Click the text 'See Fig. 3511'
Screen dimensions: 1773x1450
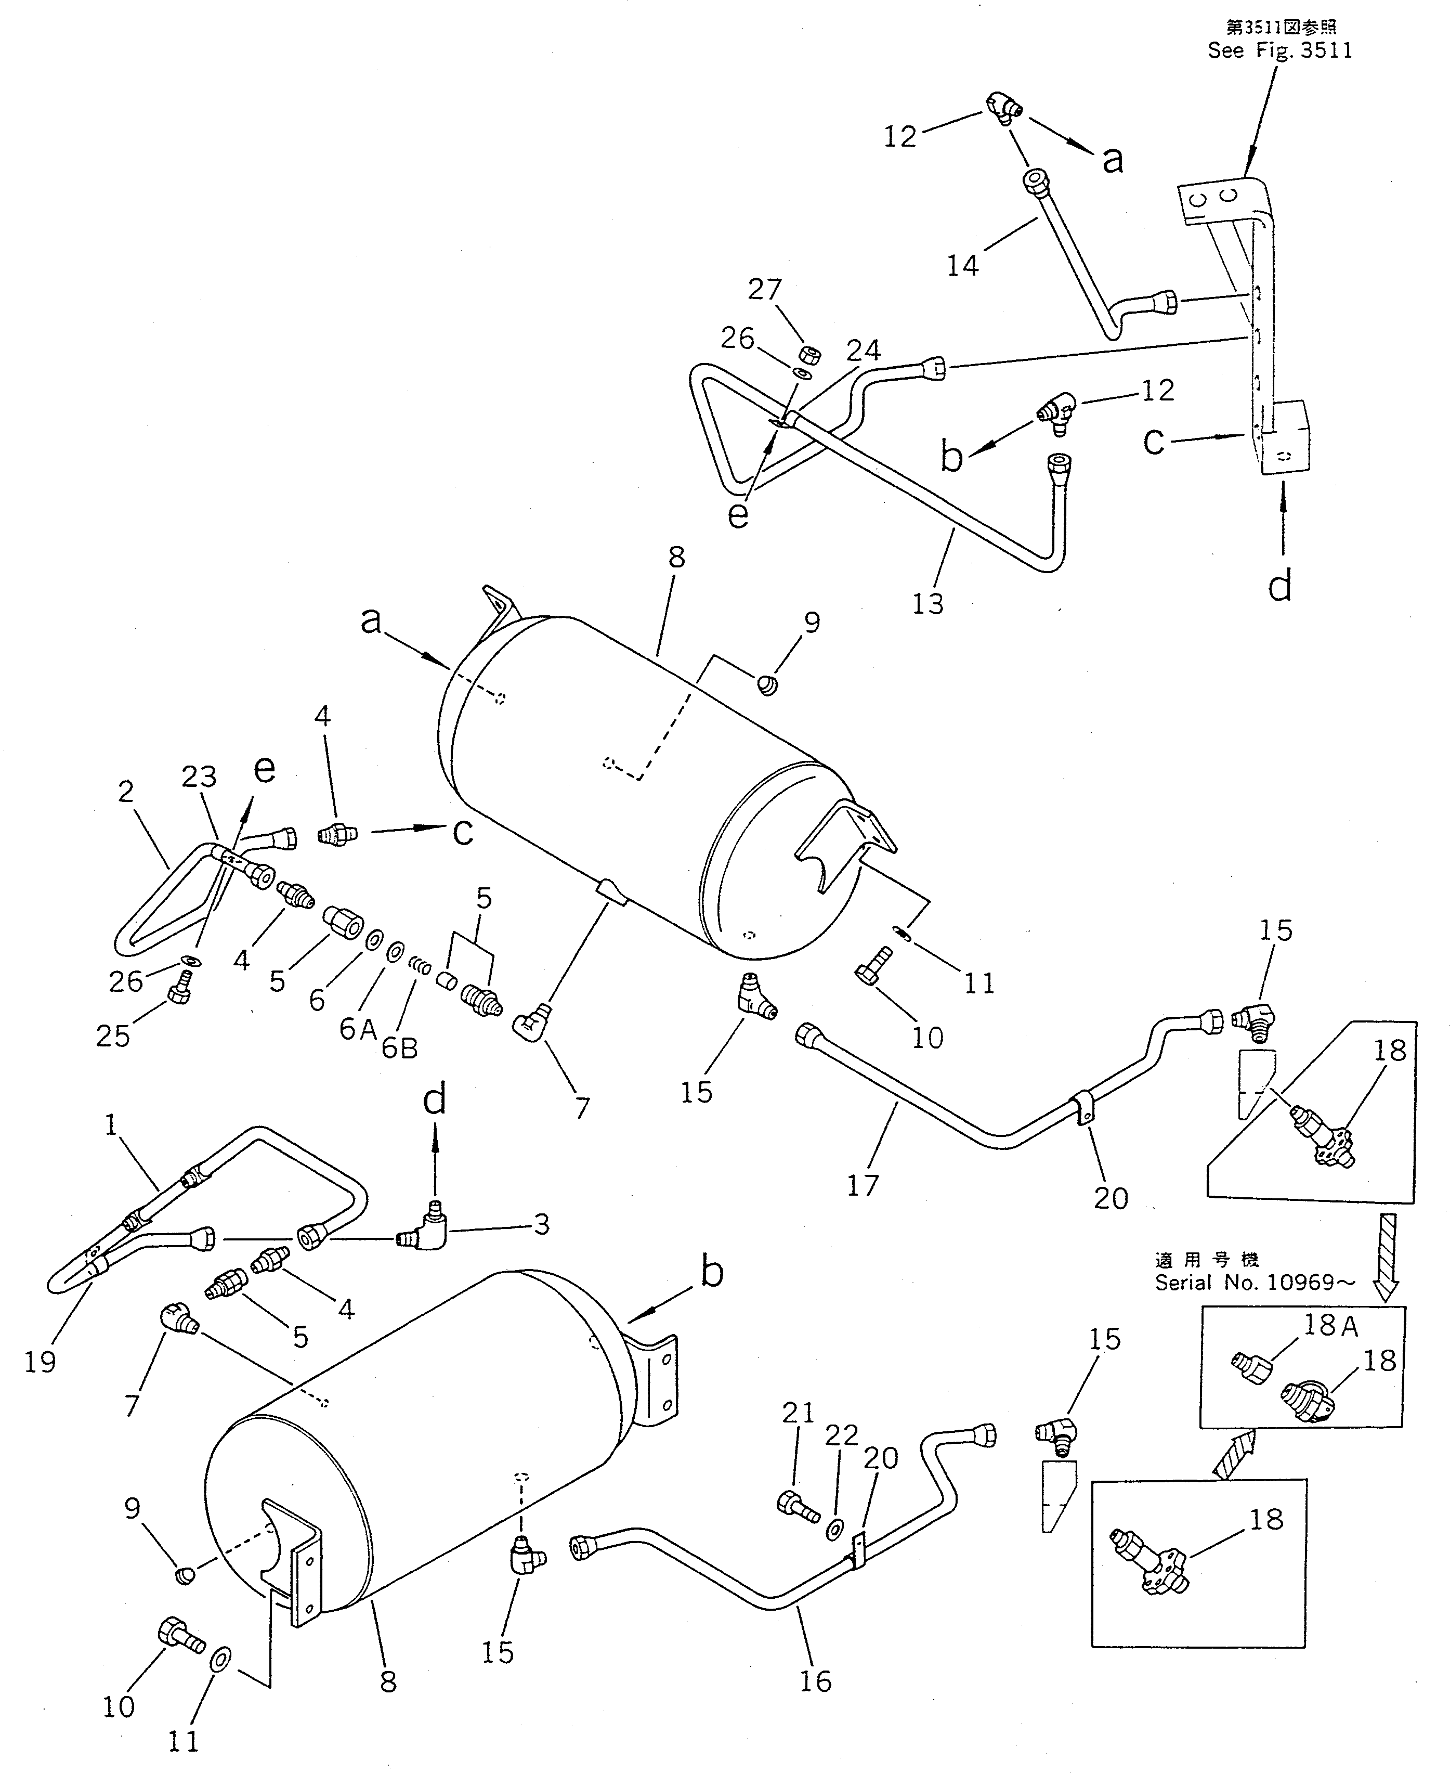click(x=1279, y=50)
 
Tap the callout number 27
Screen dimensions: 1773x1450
click(x=764, y=289)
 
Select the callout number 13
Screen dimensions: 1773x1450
click(x=927, y=603)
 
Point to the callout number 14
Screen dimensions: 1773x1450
click(x=962, y=266)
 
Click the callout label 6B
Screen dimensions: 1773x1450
click(x=399, y=1048)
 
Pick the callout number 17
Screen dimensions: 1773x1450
click(x=863, y=1185)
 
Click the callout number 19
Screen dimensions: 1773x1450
click(x=40, y=1362)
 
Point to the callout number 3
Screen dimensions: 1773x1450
click(x=541, y=1225)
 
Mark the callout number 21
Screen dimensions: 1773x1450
click(x=798, y=1412)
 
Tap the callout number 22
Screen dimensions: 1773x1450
click(x=841, y=1434)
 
